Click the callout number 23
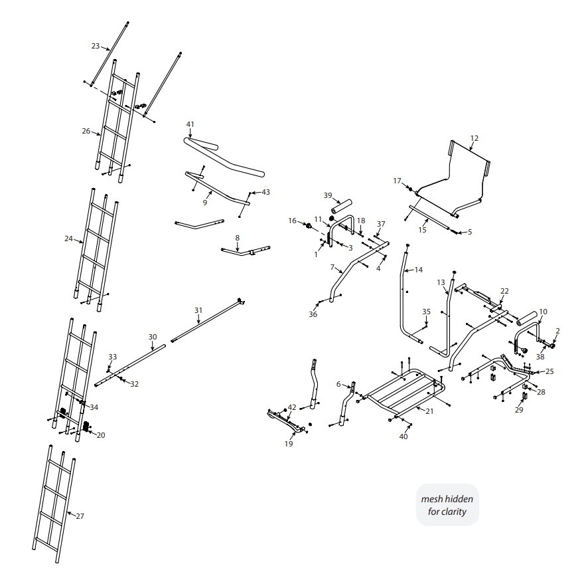tap(95, 46)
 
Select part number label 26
tap(86, 131)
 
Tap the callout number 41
tap(190, 124)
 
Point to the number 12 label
tap(474, 138)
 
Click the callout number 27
tap(80, 516)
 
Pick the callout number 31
tap(198, 310)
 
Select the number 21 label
tap(429, 411)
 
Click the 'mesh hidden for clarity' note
tap(447, 505)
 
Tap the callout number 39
tap(327, 195)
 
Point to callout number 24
tap(68, 238)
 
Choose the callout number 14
tap(418, 270)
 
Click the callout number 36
tap(313, 314)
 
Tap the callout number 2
tap(557, 330)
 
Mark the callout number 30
tap(152, 337)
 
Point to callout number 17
tap(397, 181)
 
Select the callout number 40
tap(404, 436)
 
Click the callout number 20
tap(101, 435)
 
